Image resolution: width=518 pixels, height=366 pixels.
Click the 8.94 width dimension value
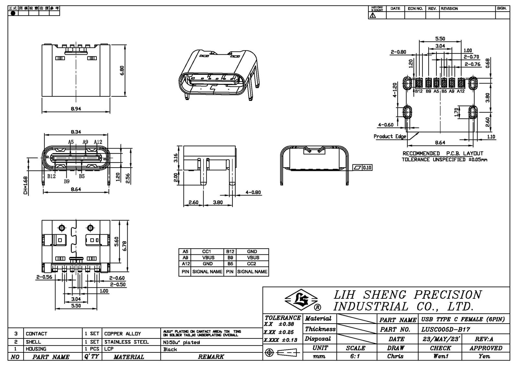coord(76,109)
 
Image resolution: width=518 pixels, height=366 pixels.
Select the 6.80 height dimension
coord(122,70)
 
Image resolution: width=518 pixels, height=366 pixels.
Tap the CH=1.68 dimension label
coord(25,185)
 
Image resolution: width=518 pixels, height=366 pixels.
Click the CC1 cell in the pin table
coord(207,251)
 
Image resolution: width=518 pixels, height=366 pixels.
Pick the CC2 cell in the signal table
coord(252,264)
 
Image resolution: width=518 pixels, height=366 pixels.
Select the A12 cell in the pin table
coord(186,264)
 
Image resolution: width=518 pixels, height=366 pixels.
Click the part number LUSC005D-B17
coord(445,329)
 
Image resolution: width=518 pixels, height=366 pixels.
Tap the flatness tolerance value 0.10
coord(367,168)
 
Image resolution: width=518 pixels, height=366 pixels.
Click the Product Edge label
coord(390,137)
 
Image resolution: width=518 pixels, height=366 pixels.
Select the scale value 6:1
coord(355,356)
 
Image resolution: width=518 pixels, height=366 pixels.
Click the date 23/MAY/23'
coord(441,339)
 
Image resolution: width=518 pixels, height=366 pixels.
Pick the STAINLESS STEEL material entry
coord(127,342)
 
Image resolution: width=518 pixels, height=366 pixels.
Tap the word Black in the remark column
coord(170,349)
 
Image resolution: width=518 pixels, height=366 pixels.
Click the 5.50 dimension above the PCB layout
coord(440,39)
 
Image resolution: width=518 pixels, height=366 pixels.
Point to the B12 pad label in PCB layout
coord(419,91)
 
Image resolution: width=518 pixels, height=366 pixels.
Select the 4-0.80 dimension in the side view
coord(253,193)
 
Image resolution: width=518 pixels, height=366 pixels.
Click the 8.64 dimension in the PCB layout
coord(440,142)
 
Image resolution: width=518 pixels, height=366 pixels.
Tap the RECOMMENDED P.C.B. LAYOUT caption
coord(443,153)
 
